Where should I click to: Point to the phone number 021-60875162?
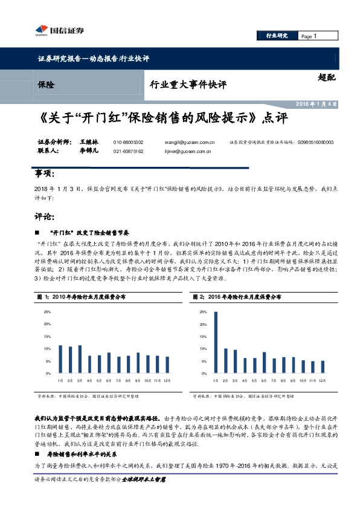click(x=128, y=151)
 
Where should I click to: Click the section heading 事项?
click(x=44, y=174)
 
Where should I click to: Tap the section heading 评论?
click(x=44, y=216)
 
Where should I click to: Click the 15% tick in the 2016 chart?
click(x=201, y=336)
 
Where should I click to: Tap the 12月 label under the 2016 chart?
click(x=322, y=381)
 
